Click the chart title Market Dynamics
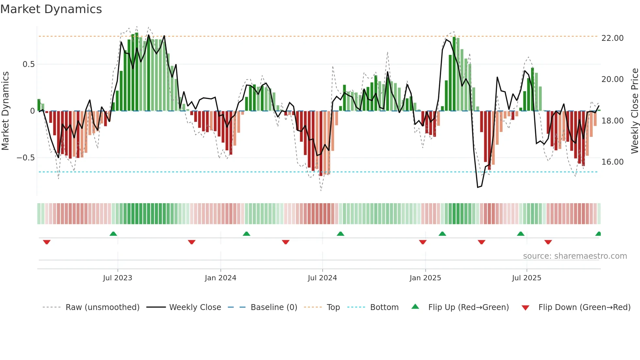point(51,9)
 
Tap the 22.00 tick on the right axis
point(612,38)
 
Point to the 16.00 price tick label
point(612,162)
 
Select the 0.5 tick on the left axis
point(28,64)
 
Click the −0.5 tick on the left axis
point(25,158)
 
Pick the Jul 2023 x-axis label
point(118,278)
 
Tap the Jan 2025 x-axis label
point(425,278)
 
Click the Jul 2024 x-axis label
point(322,278)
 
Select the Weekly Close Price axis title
point(634,111)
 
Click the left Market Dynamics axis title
point(5,111)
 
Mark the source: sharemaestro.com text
point(575,256)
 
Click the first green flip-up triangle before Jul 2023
point(113,234)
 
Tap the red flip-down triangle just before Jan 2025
point(423,242)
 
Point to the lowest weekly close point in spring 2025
point(478,187)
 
